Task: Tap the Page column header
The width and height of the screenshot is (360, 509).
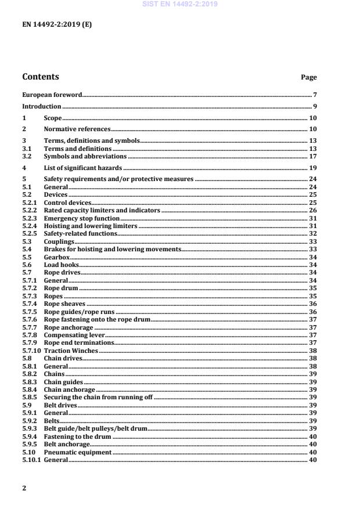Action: [308, 77]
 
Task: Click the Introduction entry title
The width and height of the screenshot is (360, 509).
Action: [41, 106]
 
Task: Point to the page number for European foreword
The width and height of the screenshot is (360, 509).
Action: [314, 94]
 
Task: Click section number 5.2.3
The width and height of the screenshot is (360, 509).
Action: [30, 218]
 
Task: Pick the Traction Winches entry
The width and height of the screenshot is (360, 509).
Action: [71, 351]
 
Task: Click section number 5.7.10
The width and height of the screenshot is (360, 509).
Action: [31, 351]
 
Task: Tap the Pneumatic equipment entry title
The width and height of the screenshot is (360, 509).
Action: [78, 452]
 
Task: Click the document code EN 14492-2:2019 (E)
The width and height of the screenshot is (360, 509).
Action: [56, 25]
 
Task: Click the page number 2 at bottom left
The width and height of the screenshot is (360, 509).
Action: [24, 488]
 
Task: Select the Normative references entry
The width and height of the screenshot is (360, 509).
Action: [77, 129]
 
